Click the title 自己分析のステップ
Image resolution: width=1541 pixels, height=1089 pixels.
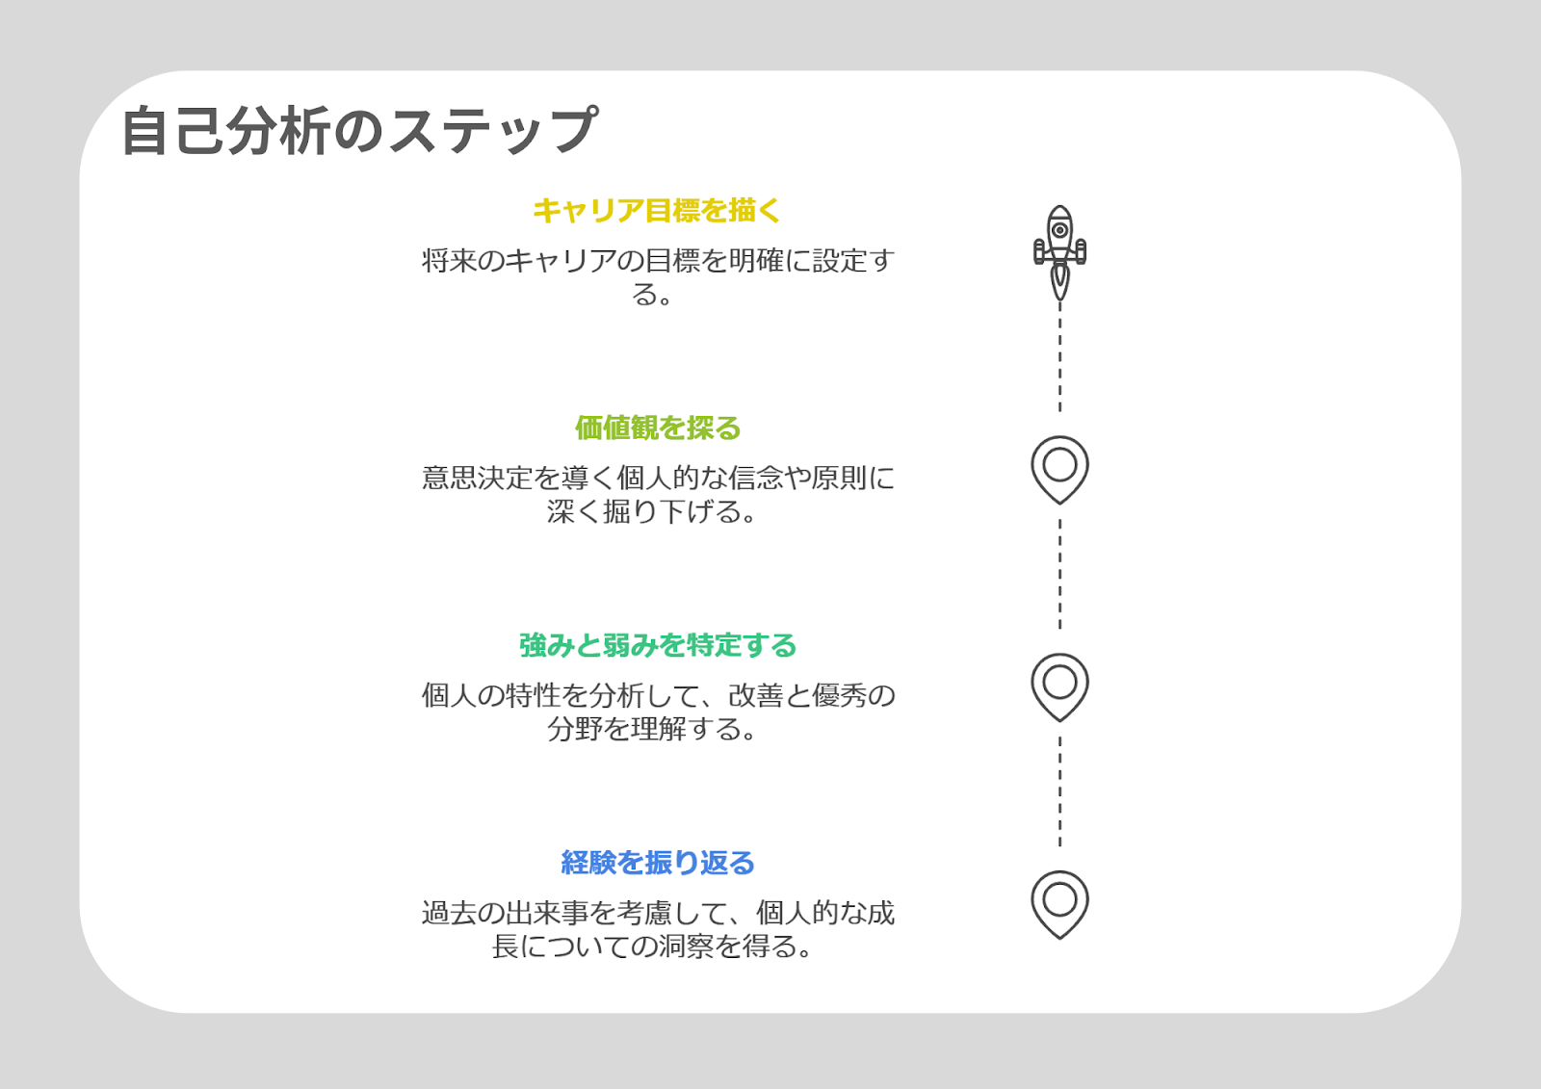point(360,130)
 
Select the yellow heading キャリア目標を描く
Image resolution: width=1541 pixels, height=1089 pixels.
point(657,211)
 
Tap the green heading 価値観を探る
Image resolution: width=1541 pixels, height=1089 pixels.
point(658,428)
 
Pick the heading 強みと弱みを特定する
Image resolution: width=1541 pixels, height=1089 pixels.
point(658,645)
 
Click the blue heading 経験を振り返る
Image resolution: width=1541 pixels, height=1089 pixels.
point(658,863)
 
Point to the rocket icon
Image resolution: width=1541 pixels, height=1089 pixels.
point(1060,252)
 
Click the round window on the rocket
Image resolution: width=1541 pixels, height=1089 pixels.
point(1060,230)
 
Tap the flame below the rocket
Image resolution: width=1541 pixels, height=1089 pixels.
point(1060,282)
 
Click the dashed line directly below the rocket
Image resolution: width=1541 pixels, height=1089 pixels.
point(1060,358)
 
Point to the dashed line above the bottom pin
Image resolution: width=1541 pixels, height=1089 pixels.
point(1060,791)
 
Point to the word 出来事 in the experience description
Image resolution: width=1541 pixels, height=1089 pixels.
point(547,913)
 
